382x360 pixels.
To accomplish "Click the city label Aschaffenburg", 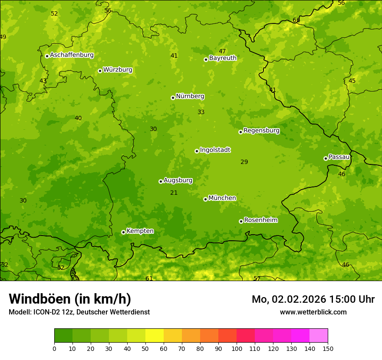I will (72, 55).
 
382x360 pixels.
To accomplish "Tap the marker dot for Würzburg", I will (100, 71).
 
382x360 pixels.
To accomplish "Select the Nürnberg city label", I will (190, 96).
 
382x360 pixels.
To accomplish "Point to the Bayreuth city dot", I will (206, 59).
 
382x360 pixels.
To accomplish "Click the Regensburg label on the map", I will (261, 131).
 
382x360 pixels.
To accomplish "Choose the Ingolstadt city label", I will (215, 150).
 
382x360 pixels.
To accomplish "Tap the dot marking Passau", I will (326, 158).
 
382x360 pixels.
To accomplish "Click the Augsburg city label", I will (178, 180).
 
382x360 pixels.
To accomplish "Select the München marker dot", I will (205, 199).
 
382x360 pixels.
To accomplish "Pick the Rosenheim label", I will (260, 220).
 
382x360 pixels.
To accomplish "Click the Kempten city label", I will (140, 231).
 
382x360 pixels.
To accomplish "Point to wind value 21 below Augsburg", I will (174, 193).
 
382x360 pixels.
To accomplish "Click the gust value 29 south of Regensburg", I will (244, 162).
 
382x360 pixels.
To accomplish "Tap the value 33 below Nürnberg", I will (201, 112).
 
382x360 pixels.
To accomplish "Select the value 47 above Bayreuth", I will (222, 52).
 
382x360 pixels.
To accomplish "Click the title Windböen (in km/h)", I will (70, 299).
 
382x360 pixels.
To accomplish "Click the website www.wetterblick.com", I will (313, 312).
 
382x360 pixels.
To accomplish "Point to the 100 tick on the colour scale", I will (237, 348).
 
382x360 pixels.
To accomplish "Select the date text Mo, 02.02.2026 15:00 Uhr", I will (313, 299).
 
